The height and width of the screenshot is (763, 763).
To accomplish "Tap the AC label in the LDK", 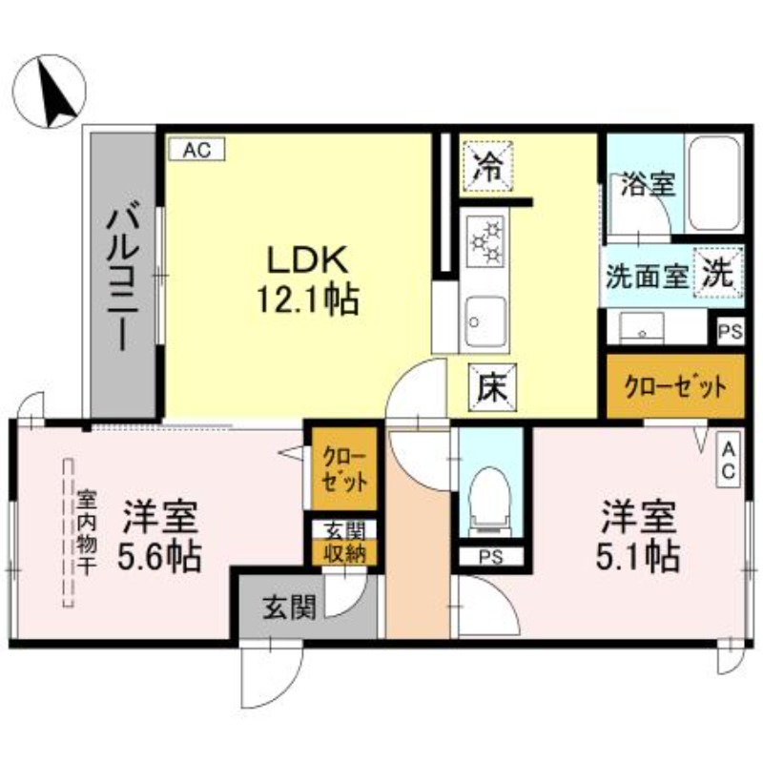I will pos(196,149).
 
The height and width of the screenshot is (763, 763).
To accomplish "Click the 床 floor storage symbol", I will pos(490,388).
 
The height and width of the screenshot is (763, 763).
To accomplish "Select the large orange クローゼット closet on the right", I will pos(674,387).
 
